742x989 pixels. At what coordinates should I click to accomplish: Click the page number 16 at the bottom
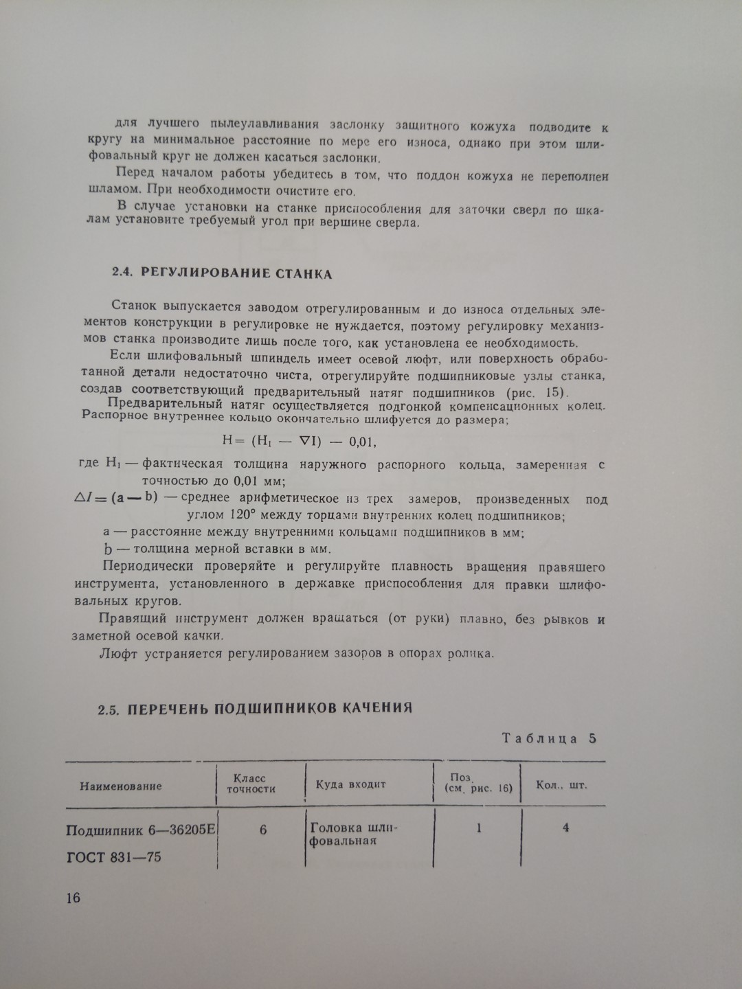click(74, 898)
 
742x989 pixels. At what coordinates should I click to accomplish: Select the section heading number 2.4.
click(122, 273)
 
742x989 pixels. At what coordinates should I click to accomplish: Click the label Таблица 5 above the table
click(548, 738)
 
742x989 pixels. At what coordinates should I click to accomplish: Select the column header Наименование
click(121, 786)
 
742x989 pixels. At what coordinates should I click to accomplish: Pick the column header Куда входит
click(350, 784)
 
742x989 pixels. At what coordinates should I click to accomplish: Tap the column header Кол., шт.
click(561, 784)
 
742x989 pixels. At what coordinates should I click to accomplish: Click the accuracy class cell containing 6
click(262, 830)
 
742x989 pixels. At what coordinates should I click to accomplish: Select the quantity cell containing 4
click(565, 828)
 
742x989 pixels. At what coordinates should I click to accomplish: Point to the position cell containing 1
click(479, 828)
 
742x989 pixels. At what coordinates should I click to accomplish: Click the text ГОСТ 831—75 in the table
click(114, 857)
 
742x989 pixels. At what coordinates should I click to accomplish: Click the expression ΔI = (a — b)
click(115, 498)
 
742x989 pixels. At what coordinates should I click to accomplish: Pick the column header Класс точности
click(251, 784)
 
